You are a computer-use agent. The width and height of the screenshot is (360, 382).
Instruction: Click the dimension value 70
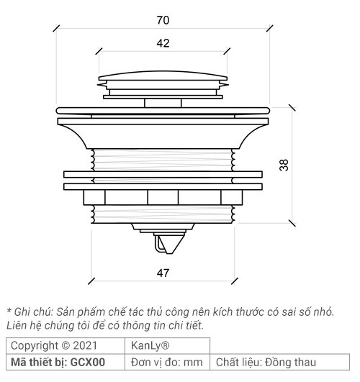(x=163, y=20)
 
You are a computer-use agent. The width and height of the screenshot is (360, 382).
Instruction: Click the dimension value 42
(x=163, y=44)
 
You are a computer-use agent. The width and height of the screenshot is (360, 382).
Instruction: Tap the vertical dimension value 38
(x=284, y=165)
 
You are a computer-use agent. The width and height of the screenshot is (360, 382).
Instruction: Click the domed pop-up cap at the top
(x=163, y=77)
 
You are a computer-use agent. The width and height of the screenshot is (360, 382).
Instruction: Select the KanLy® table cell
(x=150, y=346)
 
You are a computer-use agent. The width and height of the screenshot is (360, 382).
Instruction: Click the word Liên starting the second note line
(x=17, y=326)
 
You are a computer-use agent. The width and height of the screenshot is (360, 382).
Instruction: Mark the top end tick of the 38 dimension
(x=292, y=107)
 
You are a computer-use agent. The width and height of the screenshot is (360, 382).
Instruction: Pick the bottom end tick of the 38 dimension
(x=292, y=223)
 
